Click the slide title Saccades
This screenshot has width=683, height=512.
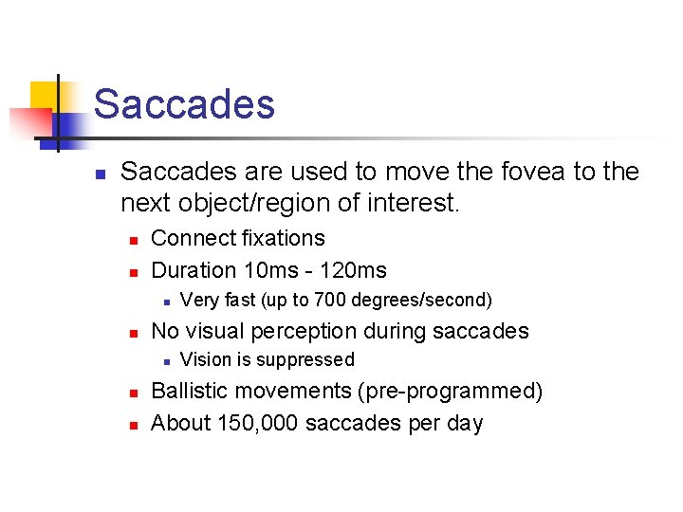point(184,104)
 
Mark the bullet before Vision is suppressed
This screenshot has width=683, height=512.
point(166,361)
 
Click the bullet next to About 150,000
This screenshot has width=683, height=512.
point(135,425)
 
